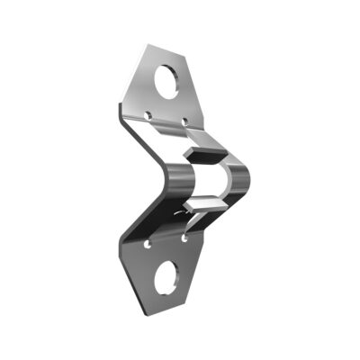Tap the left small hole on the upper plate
(148, 114)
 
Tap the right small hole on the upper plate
(185, 119)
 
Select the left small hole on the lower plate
(148, 243)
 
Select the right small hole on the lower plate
(184, 239)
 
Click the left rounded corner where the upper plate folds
(121, 112)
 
